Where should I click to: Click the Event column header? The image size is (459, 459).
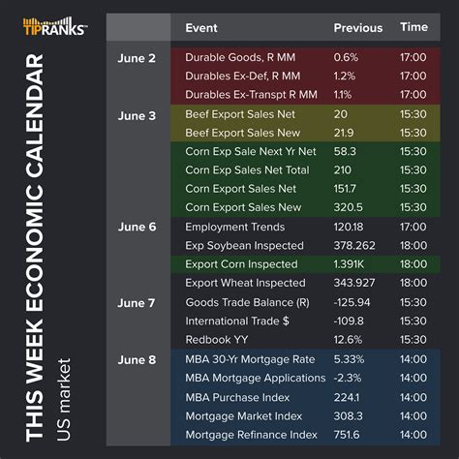[x=201, y=28]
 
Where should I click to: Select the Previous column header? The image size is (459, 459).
[x=357, y=28]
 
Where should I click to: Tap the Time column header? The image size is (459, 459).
[x=413, y=28]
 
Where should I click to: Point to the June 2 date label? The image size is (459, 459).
[x=138, y=57]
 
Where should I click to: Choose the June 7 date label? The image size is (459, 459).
[x=138, y=302]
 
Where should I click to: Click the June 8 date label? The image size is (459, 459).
[x=138, y=358]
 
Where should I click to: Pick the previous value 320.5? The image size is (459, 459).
[x=349, y=207]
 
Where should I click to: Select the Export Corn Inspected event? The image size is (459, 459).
[x=241, y=263]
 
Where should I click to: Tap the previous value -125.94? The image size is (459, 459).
[x=352, y=302]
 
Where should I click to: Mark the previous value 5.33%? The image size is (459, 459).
[x=351, y=358]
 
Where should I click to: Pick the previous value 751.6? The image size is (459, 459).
[x=348, y=434]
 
